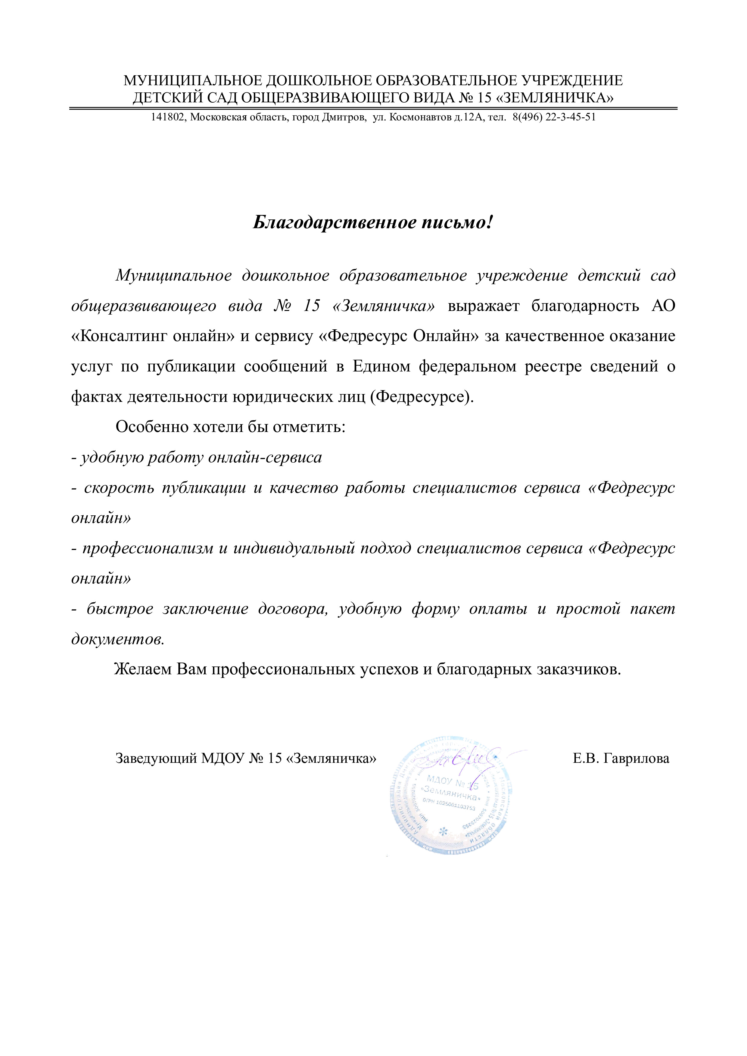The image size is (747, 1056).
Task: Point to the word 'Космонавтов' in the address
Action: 420,117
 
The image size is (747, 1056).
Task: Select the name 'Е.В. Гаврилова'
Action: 621,758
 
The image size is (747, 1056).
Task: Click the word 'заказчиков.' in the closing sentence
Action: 579,669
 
